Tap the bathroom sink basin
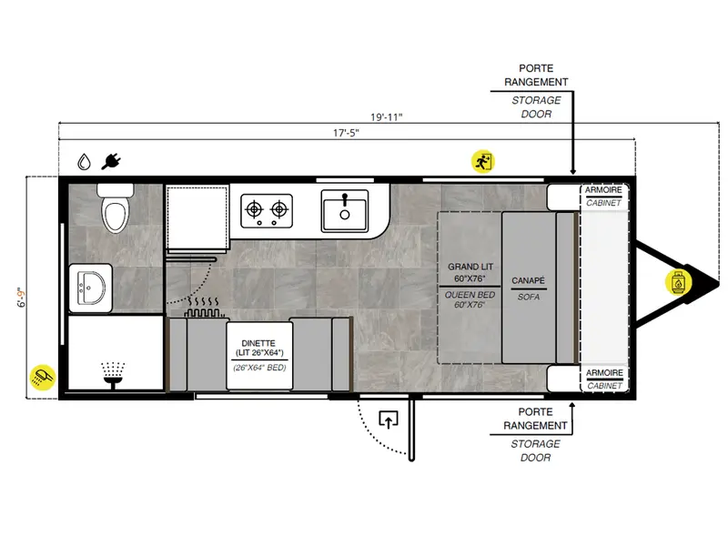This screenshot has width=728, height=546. click(91, 288)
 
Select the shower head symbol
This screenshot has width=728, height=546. click(113, 375)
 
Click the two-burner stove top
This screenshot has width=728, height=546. click(267, 211)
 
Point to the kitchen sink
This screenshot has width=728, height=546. click(345, 211)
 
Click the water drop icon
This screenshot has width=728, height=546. click(84, 162)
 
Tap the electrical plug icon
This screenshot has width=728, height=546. click(111, 162)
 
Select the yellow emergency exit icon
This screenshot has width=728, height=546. click(483, 162)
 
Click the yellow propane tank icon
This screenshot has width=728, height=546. click(678, 282)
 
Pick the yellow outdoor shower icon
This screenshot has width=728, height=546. click(42, 377)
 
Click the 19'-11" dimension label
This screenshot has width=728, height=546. click(386, 117)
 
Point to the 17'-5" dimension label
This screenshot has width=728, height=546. click(346, 133)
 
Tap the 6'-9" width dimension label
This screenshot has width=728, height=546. click(21, 298)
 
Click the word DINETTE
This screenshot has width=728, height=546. click(258, 343)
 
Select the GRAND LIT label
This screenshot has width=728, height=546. click(470, 267)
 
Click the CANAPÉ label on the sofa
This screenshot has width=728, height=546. click(529, 281)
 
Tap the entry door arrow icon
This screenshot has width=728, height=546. click(389, 420)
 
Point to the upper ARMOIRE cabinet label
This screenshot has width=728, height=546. click(603, 190)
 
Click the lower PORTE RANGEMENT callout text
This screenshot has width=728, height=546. click(535, 419)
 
